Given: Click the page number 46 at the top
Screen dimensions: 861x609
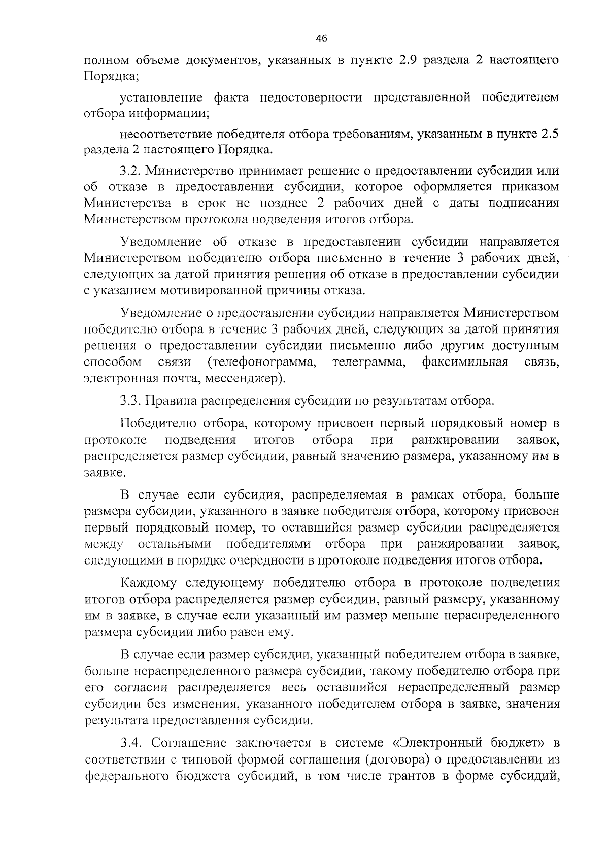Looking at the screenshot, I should (x=321, y=39).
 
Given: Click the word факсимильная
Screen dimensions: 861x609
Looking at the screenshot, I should (x=465, y=362).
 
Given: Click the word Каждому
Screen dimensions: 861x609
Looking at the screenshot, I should (x=150, y=582).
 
